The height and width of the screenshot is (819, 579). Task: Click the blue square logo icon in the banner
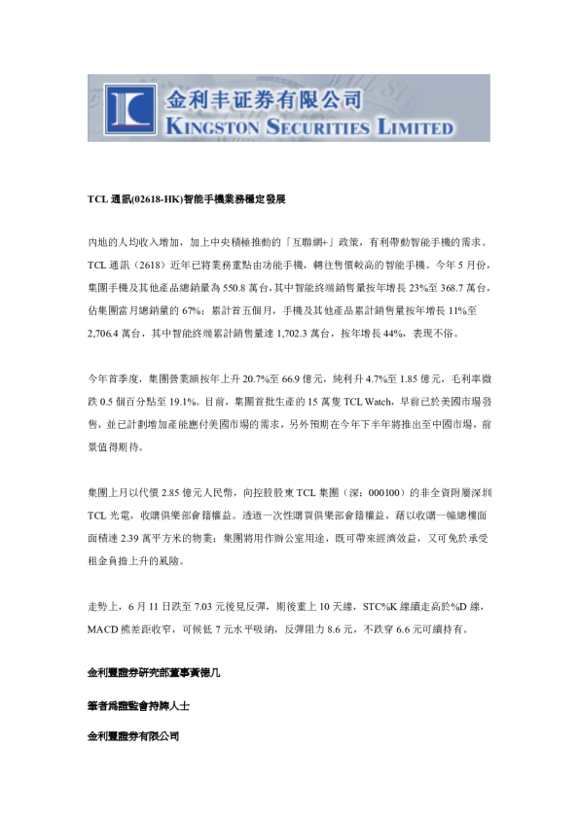[x=126, y=108]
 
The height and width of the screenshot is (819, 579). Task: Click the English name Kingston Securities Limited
[x=309, y=126]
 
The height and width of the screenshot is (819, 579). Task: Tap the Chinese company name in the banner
[x=265, y=99]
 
